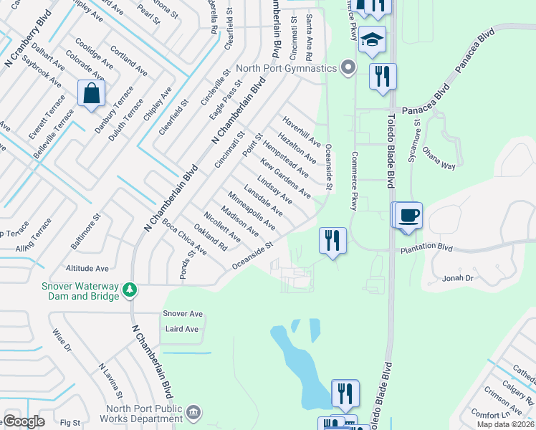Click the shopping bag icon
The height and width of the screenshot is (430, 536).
[x=92, y=94]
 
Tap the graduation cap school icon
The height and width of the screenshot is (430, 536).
[x=372, y=41]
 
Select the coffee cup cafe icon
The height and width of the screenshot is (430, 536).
[x=408, y=216]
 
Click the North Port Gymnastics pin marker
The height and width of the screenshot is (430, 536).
[x=348, y=68]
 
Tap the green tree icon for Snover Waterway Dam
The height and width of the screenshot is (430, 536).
[x=130, y=290]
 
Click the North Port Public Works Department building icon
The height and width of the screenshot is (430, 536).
[x=192, y=412]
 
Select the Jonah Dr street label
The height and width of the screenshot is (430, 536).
[x=459, y=277]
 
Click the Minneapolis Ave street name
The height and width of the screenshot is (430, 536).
[x=252, y=211]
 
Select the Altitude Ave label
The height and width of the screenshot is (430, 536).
[x=87, y=268]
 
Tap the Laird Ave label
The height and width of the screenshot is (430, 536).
[x=181, y=329]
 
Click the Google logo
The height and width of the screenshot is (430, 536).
[x=24, y=421]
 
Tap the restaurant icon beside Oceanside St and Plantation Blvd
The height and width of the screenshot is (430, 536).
[x=332, y=241]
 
